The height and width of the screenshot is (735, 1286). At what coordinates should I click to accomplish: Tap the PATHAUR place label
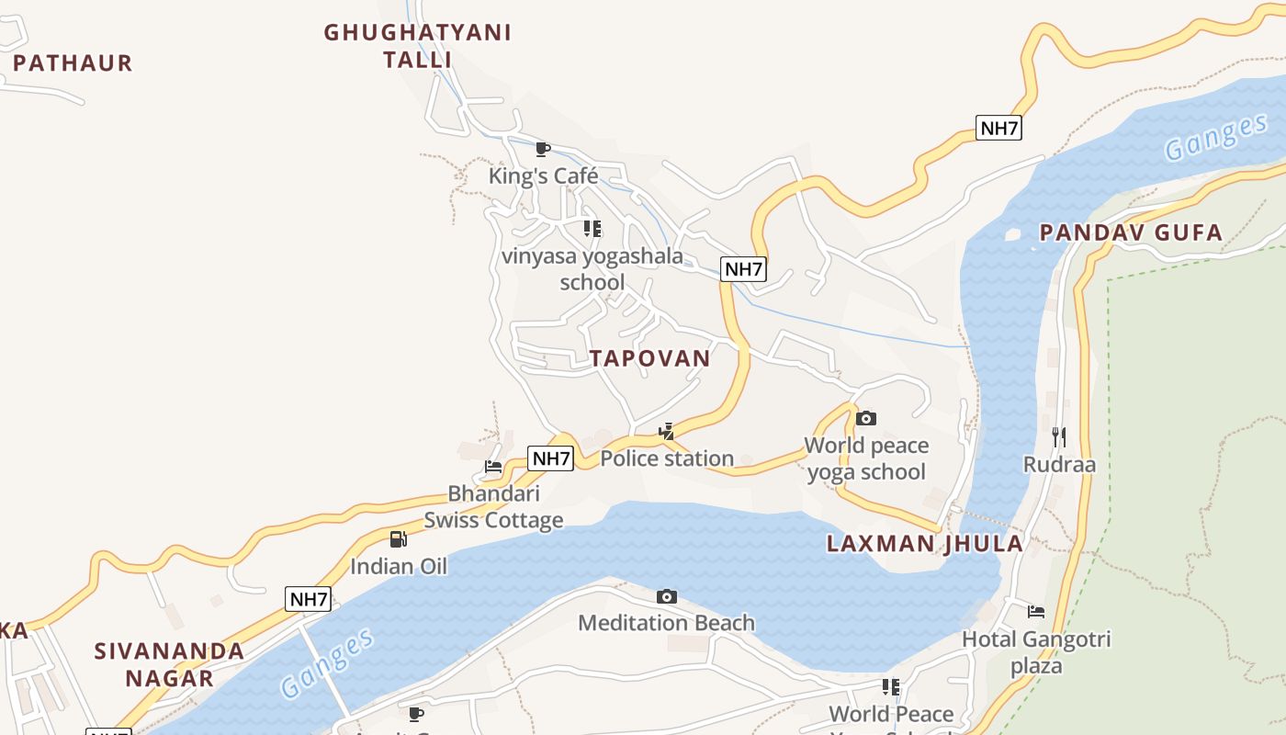click(73, 63)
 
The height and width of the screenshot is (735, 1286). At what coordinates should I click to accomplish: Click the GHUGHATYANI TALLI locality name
click(418, 46)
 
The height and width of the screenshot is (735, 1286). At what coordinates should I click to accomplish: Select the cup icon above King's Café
click(543, 148)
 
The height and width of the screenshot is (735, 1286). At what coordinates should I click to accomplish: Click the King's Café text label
click(544, 175)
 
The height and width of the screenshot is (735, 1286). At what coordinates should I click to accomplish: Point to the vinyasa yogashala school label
click(592, 269)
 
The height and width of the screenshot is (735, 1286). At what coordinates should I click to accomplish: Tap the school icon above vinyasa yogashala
click(592, 228)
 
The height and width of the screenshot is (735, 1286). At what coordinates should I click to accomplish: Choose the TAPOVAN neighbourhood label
click(650, 358)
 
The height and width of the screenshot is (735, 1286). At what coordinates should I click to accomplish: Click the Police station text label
click(667, 458)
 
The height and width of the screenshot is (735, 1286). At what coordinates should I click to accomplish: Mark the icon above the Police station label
click(667, 430)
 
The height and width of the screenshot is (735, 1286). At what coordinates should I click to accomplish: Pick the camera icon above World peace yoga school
click(865, 419)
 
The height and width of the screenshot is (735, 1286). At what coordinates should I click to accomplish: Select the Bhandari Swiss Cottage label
click(493, 507)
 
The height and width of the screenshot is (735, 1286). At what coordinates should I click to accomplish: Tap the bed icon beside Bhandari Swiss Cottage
click(493, 466)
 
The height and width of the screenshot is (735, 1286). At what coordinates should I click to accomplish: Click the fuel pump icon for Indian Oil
click(398, 539)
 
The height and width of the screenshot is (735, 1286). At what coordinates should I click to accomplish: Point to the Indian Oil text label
click(399, 566)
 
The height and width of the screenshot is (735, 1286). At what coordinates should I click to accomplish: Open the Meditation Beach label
click(666, 623)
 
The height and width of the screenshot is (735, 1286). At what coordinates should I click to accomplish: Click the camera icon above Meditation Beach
click(667, 597)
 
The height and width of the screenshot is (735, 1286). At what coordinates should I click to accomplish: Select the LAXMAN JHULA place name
click(925, 543)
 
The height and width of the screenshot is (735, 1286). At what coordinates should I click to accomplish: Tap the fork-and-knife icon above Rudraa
click(1059, 436)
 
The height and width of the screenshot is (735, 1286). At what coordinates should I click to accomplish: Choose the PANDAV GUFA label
click(1131, 232)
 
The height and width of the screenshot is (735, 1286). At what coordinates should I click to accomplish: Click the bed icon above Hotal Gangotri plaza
click(1036, 611)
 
